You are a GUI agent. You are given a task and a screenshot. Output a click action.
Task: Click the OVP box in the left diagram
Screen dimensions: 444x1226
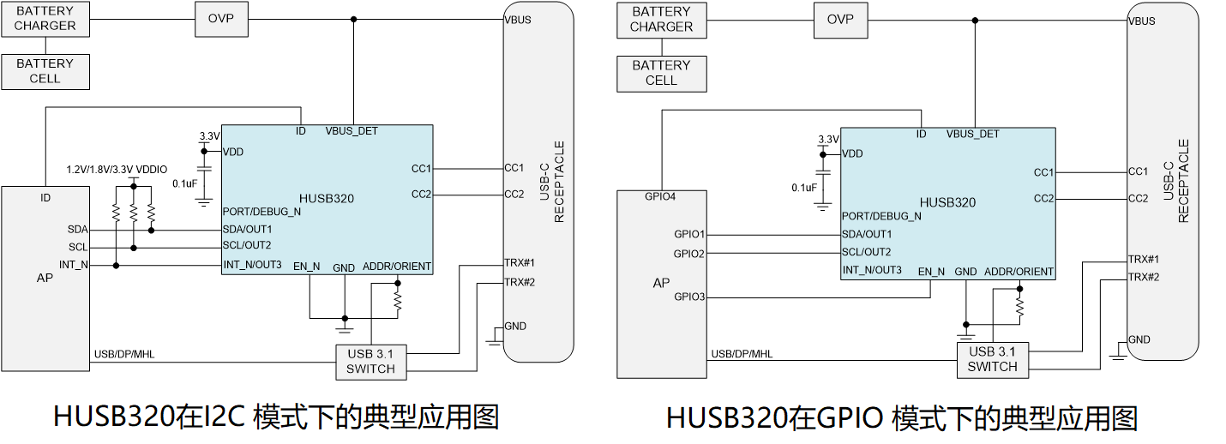pyautogui.click(x=219, y=19)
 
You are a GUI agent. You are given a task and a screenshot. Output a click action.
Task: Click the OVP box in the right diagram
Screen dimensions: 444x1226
pyautogui.click(x=839, y=19)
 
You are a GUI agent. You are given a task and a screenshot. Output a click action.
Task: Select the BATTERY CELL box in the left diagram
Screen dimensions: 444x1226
pyautogui.click(x=45, y=71)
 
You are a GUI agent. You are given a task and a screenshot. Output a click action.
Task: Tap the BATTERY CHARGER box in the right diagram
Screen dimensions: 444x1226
pyautogui.click(x=661, y=19)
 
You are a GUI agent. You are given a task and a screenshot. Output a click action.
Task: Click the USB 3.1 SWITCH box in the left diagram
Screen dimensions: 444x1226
pyautogui.click(x=370, y=362)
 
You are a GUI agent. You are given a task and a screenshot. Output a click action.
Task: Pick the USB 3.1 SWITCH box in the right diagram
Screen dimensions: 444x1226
pyautogui.click(x=992, y=359)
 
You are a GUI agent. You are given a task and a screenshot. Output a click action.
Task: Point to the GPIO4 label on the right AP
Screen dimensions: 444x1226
pyautogui.click(x=661, y=196)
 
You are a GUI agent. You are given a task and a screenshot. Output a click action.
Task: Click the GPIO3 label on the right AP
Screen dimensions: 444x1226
pyautogui.click(x=689, y=297)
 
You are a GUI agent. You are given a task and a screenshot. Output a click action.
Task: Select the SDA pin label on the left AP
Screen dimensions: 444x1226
pyautogui.click(x=78, y=230)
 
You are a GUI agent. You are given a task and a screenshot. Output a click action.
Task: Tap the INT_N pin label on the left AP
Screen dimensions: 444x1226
pyautogui.click(x=74, y=264)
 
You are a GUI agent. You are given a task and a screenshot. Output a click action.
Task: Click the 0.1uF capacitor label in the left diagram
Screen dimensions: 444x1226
pyautogui.click(x=185, y=183)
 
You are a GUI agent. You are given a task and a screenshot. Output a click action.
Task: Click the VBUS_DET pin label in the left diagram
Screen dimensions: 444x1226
pyautogui.click(x=352, y=131)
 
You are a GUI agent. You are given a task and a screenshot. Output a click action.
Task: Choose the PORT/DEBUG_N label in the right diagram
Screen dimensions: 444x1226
pyautogui.click(x=881, y=216)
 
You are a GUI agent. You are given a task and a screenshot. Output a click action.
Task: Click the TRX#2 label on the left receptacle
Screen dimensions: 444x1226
pyautogui.click(x=520, y=282)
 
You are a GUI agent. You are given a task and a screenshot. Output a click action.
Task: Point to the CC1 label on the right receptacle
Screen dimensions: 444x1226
pyautogui.click(x=1138, y=171)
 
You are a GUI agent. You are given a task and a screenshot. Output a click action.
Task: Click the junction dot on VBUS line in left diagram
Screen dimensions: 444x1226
pyautogui.click(x=353, y=19)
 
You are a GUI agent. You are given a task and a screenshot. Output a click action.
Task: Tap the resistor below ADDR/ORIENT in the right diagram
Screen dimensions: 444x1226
pyautogui.click(x=1019, y=305)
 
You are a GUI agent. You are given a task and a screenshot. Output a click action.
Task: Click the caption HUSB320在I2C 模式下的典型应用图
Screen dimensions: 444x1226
pyautogui.click(x=276, y=417)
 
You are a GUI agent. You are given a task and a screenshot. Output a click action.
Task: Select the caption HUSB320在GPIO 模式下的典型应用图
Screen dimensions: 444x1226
pyautogui.click(x=902, y=418)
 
